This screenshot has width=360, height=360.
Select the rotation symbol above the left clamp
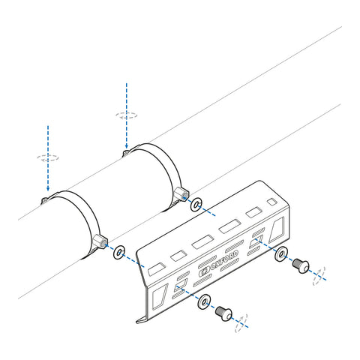[48, 159]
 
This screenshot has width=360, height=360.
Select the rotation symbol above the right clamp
[127, 116]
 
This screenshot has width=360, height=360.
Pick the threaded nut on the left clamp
[100, 241]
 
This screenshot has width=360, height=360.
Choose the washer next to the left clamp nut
[118, 251]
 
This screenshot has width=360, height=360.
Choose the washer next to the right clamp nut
[197, 204]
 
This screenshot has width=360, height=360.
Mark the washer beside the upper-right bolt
[281, 254]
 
